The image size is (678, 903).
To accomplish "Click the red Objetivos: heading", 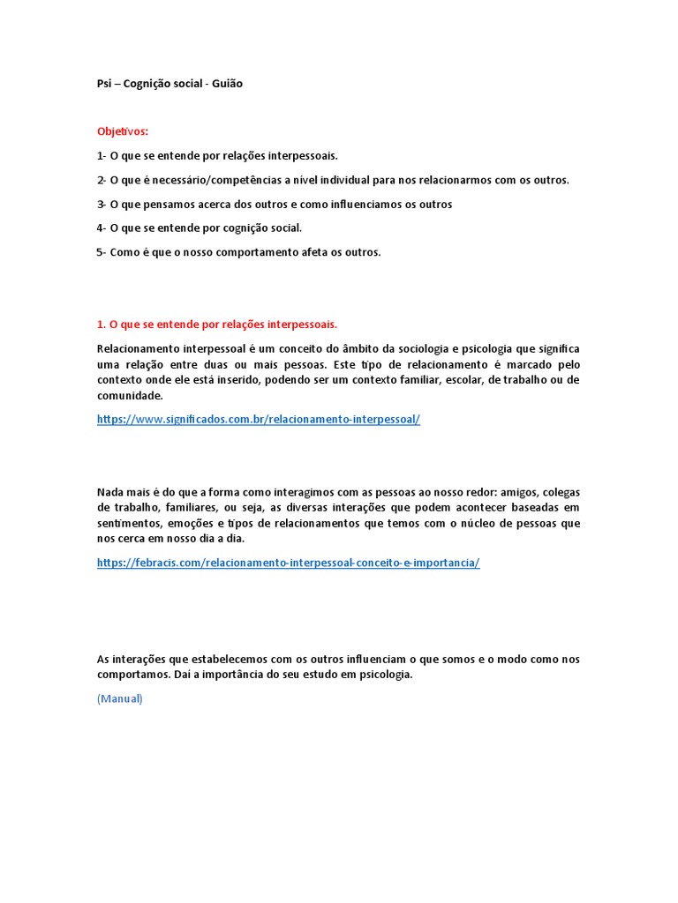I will [x=123, y=131].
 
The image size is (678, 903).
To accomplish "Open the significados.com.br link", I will [x=259, y=419].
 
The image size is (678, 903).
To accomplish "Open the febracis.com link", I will [x=288, y=563].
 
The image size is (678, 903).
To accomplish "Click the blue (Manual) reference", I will [x=119, y=698].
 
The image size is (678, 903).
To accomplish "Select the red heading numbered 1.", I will [x=217, y=324].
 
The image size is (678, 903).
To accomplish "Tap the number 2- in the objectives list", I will [x=102, y=180].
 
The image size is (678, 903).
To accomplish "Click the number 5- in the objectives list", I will [x=102, y=252].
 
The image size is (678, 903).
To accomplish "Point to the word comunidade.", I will [x=130, y=396].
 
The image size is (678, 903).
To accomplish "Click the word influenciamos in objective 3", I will [x=364, y=204].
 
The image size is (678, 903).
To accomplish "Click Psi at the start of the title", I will [x=104, y=84].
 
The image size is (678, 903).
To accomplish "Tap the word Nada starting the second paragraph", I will [x=111, y=492].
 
